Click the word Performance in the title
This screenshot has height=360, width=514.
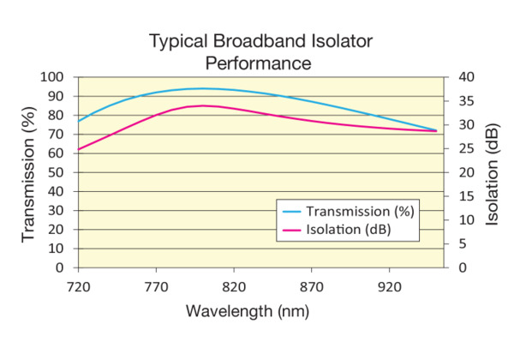[257, 63]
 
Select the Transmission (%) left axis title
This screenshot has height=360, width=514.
[29, 172]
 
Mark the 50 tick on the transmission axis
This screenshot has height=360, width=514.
[62, 172]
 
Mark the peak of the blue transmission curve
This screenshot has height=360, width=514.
[203, 88]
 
